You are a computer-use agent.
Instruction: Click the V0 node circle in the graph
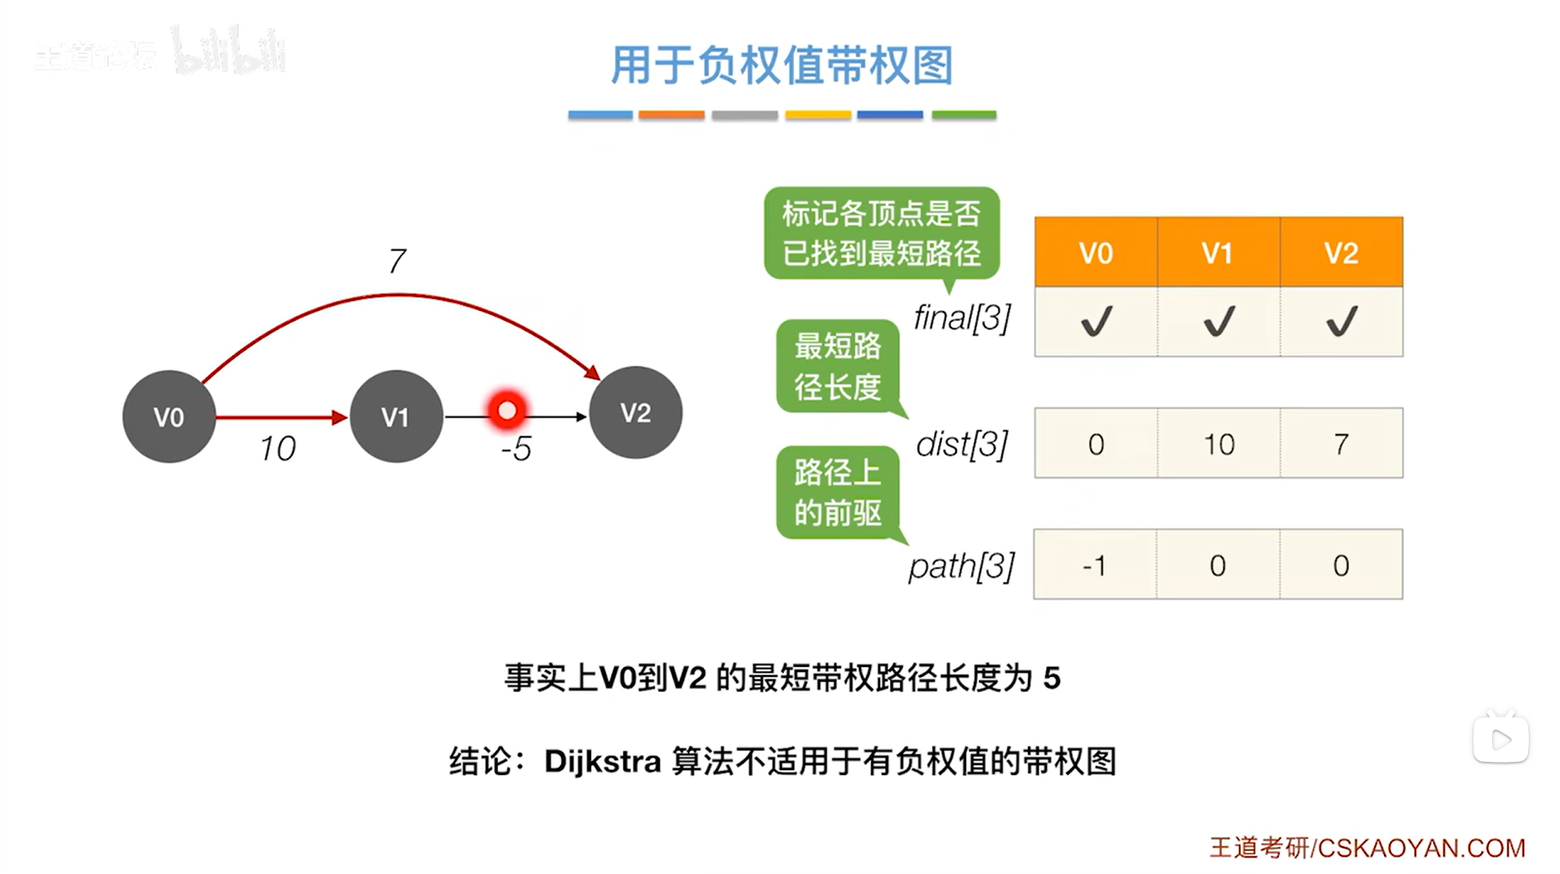point(169,417)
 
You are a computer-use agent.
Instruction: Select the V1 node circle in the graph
point(396,417)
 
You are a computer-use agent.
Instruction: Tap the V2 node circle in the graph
point(635,412)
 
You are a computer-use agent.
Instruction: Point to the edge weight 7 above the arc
point(397,261)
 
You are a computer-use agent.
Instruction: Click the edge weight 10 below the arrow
point(277,448)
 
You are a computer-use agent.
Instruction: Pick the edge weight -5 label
point(516,448)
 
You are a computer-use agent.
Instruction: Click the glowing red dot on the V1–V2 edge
point(507,410)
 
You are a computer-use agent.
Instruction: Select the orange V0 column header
point(1095,253)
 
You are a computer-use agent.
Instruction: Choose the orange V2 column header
point(1341,253)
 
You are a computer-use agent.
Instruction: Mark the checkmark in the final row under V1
point(1218,321)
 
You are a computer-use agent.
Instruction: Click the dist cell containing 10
point(1218,444)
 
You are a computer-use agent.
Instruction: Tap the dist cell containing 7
point(1341,444)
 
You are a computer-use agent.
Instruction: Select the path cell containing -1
point(1094,565)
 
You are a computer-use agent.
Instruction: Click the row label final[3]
point(963,318)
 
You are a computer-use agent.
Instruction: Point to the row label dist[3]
point(962,444)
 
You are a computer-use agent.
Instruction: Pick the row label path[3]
point(961,565)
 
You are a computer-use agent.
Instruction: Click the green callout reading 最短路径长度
point(837,366)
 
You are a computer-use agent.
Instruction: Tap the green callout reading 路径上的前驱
point(837,492)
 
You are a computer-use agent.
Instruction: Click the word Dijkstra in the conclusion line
point(602,761)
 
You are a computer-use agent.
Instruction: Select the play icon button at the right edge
point(1500,740)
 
